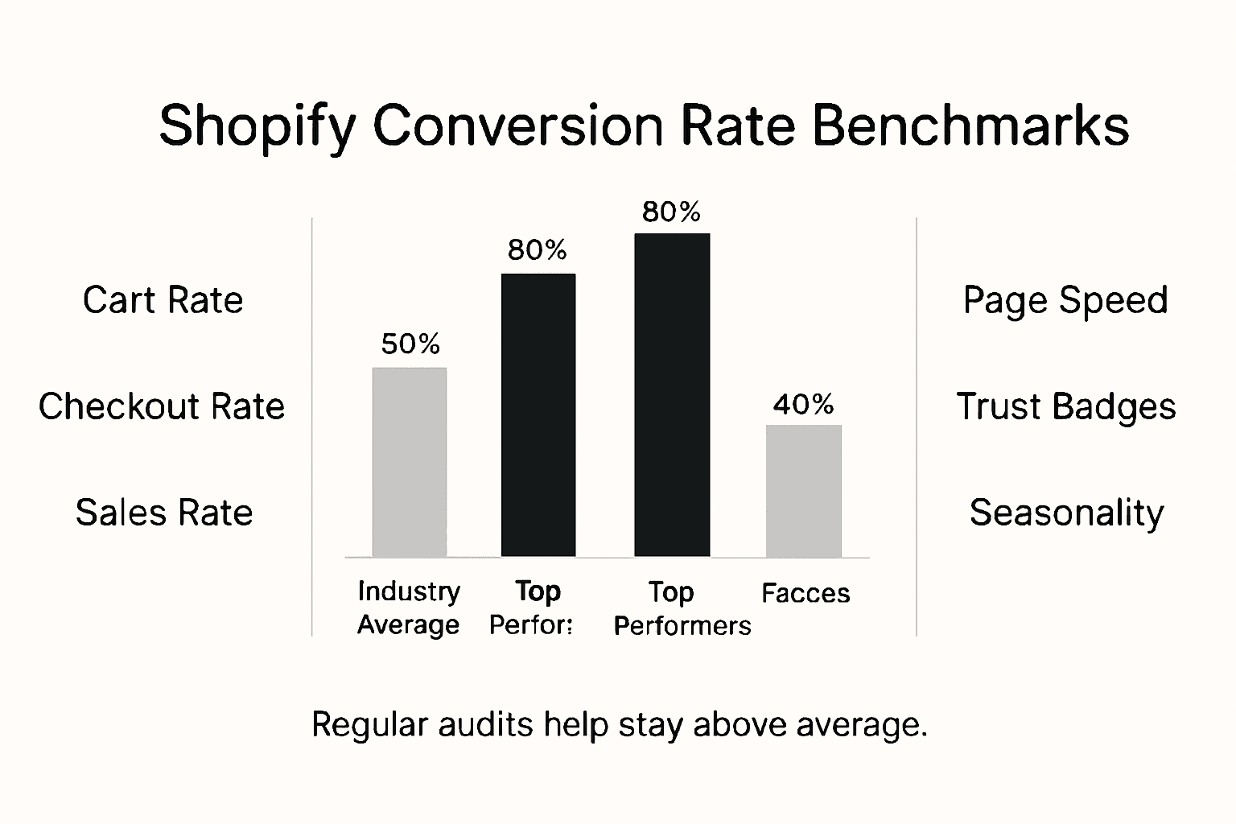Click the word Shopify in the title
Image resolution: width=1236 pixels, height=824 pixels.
tap(257, 126)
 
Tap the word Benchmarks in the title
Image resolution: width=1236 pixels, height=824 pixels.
tap(970, 125)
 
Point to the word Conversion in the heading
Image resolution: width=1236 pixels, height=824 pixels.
tap(518, 125)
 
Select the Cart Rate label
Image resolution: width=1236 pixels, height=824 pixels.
tap(163, 300)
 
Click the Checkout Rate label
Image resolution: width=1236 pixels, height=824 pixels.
tap(162, 406)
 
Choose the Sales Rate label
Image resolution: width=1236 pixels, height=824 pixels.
tap(164, 513)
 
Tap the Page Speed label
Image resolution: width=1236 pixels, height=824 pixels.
tap(1065, 300)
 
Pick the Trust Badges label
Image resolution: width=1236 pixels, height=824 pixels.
tap(1065, 406)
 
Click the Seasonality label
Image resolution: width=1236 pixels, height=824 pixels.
tap(1066, 513)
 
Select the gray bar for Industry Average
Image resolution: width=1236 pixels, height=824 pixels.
tap(409, 462)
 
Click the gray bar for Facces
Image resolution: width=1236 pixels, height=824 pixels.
tap(803, 491)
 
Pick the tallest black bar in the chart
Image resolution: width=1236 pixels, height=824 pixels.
tap(672, 394)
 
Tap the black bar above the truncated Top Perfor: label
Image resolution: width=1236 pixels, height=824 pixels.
tap(538, 414)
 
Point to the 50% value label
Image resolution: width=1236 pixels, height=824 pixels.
tap(410, 344)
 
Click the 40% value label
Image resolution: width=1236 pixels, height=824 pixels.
tap(803, 404)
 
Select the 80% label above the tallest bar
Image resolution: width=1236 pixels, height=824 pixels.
tap(671, 212)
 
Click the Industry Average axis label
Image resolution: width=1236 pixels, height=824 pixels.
tap(409, 608)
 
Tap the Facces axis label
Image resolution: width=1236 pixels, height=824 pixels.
tap(805, 593)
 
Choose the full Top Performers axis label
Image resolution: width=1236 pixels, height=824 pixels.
tap(682, 608)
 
